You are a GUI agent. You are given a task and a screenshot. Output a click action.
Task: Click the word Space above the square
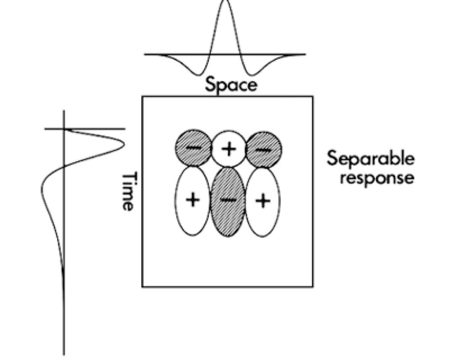click(231, 84)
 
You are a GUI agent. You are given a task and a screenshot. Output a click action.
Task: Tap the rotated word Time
click(128, 191)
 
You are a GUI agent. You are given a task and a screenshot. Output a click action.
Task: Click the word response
click(377, 178)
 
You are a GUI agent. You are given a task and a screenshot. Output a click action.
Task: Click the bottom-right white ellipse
click(263, 201)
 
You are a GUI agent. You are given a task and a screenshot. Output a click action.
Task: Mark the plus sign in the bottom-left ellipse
click(193, 199)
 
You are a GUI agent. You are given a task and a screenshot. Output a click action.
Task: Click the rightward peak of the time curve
click(123, 144)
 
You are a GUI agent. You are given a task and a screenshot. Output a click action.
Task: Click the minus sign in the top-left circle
click(194, 148)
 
